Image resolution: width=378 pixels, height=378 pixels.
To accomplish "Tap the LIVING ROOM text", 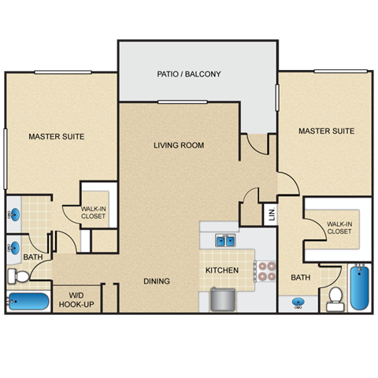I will coord(179,146).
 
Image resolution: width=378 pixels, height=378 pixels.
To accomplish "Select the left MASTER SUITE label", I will coord(56,137).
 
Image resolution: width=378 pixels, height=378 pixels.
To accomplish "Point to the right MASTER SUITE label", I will coord(326,132).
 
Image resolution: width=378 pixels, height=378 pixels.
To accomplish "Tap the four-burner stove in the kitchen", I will coord(265,271).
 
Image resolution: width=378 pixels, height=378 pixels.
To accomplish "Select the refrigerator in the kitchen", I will coord(222,299).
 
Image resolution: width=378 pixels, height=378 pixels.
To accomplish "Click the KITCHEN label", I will coord(221,271).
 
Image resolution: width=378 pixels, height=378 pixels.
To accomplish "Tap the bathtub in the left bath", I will coord(28,302).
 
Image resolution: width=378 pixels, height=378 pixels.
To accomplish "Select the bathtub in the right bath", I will coord(359,289).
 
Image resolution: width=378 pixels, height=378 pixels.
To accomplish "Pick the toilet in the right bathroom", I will coord(335,297).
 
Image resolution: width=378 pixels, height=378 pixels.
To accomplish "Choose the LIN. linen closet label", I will coord(270,213).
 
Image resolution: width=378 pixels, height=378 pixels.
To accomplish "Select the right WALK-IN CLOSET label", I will coord(339,228).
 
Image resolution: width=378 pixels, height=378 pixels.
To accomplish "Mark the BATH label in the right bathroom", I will coord(301,277).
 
